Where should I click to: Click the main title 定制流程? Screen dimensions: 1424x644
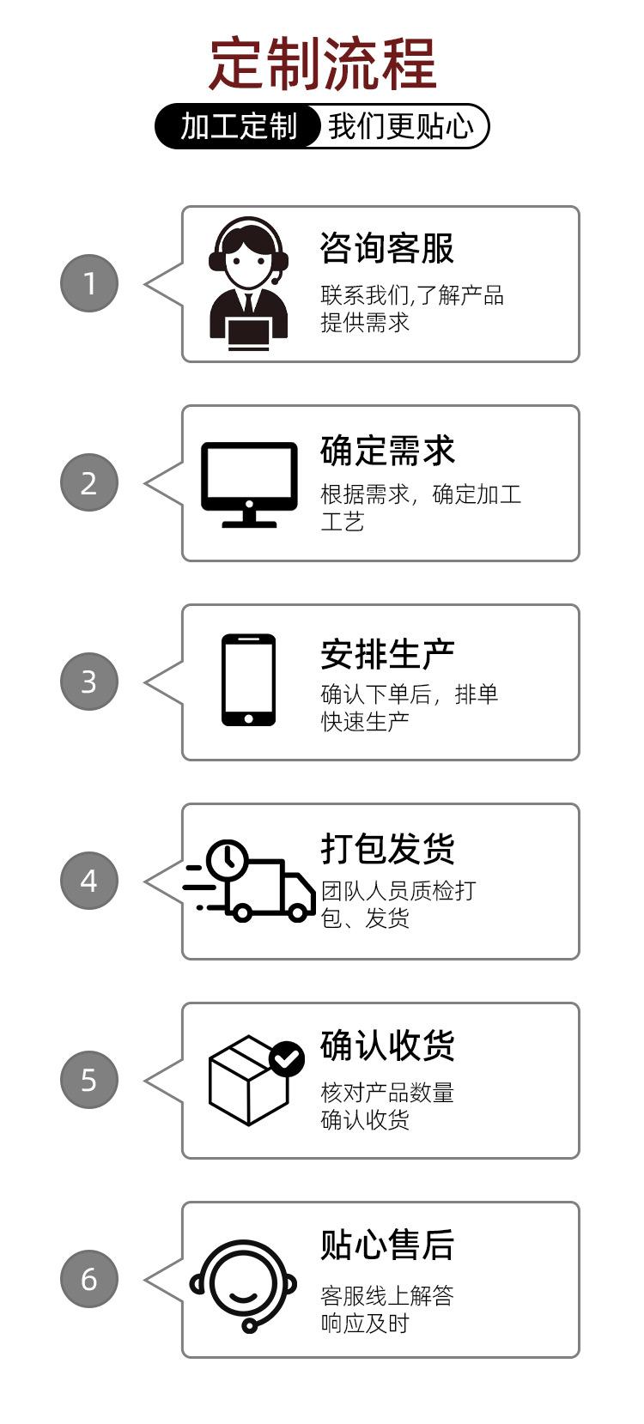click(x=323, y=64)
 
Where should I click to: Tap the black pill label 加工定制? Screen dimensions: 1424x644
click(x=238, y=126)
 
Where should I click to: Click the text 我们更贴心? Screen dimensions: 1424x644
click(x=399, y=126)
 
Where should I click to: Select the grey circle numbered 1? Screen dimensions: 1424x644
click(x=89, y=283)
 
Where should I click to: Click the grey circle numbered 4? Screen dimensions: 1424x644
click(x=89, y=881)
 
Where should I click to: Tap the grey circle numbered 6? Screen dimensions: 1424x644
click(x=89, y=1279)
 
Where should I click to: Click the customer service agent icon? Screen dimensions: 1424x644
click(x=248, y=283)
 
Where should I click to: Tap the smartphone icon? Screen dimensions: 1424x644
click(x=248, y=681)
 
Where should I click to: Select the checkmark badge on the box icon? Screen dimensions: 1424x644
click(x=287, y=1059)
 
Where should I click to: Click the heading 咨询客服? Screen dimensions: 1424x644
click(x=386, y=249)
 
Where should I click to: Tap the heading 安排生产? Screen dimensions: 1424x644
click(x=387, y=654)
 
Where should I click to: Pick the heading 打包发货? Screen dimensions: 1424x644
click(x=387, y=849)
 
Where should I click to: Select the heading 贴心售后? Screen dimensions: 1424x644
click(x=387, y=1245)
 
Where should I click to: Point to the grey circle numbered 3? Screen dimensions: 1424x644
click(x=89, y=682)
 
